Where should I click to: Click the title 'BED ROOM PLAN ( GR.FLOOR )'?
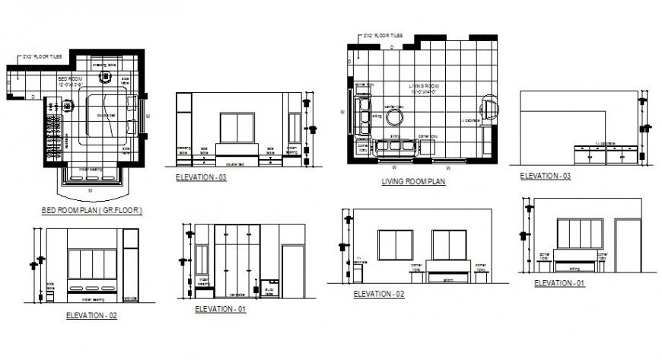point(92,209)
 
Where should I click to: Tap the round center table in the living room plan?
point(395,117)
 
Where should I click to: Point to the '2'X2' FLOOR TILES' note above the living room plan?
point(384,36)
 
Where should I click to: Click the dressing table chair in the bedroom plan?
point(103,75)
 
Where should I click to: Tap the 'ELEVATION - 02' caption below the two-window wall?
point(378,294)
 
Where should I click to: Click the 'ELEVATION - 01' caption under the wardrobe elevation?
point(221,309)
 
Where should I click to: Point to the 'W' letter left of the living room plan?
point(343,112)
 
